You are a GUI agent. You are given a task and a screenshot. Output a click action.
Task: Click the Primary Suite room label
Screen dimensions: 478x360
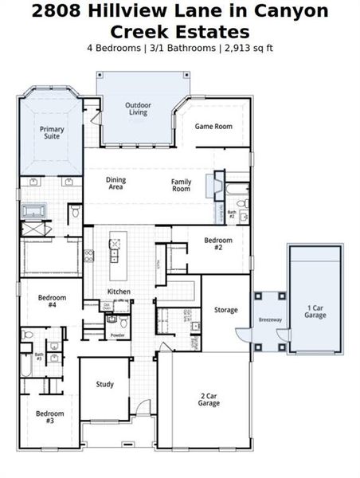(x=52, y=132)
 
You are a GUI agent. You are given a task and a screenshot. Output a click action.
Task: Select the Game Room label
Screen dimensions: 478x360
(x=213, y=126)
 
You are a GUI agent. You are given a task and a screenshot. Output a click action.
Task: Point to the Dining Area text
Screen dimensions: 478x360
(x=116, y=182)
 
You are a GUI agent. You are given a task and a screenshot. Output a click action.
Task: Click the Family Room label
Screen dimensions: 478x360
(x=182, y=185)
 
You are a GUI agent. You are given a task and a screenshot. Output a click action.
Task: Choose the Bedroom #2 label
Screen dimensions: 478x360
(x=217, y=243)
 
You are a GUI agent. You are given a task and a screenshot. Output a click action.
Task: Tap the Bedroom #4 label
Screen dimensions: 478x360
(x=52, y=301)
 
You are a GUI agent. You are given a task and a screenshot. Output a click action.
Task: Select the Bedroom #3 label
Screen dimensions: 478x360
(x=49, y=417)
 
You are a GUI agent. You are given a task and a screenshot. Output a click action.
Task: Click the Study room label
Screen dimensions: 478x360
(x=105, y=384)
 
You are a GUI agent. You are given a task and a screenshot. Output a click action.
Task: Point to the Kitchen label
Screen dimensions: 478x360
(x=119, y=292)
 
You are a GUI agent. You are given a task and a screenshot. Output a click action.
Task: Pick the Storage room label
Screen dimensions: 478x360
(x=225, y=309)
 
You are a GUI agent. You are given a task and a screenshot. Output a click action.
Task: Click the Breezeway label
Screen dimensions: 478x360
(x=270, y=319)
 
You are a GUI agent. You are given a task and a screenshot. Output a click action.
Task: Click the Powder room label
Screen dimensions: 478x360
(x=117, y=335)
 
